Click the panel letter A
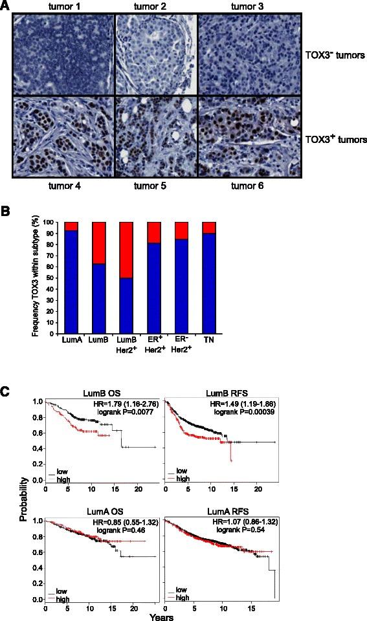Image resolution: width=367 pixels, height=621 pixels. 5,6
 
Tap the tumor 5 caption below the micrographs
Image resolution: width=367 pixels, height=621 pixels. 155,186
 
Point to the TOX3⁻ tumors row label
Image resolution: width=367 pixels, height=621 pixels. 335,56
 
